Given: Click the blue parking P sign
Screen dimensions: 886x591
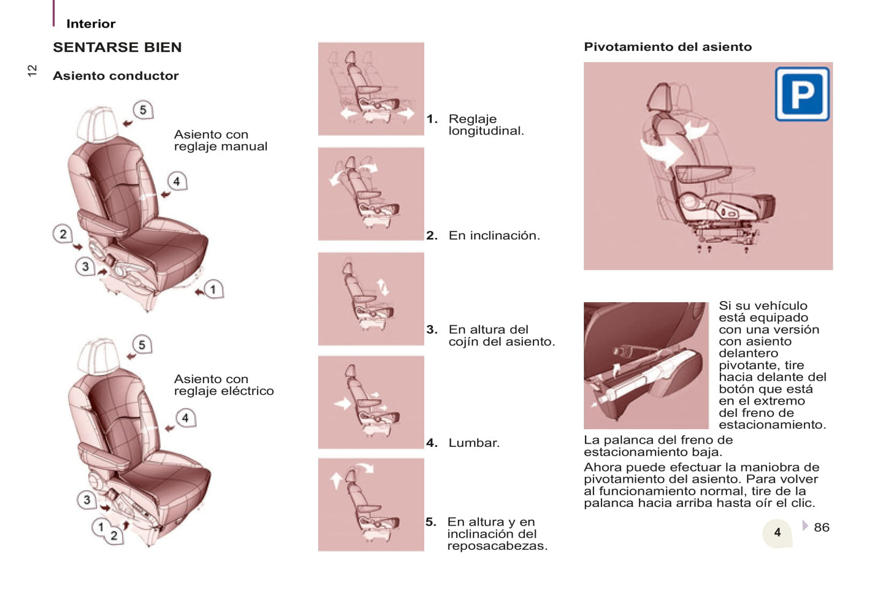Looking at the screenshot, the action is pyautogui.click(x=802, y=94).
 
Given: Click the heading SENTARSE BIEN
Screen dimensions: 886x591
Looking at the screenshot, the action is pyautogui.click(x=118, y=47).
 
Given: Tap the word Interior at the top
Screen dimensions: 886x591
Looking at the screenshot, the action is pyautogui.click(x=91, y=24).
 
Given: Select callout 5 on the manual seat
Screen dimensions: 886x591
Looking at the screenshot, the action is pyautogui.click(x=143, y=110).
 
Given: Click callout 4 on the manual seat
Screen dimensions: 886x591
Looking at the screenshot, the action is pyautogui.click(x=177, y=181).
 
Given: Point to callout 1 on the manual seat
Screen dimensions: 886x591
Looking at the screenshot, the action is pyautogui.click(x=213, y=289).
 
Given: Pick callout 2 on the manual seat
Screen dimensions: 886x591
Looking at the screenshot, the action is pyautogui.click(x=63, y=234).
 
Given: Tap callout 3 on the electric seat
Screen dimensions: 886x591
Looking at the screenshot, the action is pyautogui.click(x=86, y=500).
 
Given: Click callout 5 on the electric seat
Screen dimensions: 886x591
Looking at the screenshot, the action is pyautogui.click(x=142, y=345).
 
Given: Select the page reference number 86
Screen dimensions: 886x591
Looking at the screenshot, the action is pyautogui.click(x=822, y=527).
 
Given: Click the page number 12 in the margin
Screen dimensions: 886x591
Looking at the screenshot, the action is pyautogui.click(x=32, y=71).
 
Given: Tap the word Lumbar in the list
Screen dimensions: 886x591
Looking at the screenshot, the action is pyautogui.click(x=474, y=443).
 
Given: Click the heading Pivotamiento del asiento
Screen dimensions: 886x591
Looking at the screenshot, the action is pyautogui.click(x=668, y=47).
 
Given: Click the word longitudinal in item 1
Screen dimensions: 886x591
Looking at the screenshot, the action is pyautogui.click(x=486, y=131).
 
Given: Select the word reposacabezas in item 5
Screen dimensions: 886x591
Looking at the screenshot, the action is pyautogui.click(x=497, y=546).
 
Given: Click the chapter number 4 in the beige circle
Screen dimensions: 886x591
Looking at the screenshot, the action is pyautogui.click(x=777, y=533).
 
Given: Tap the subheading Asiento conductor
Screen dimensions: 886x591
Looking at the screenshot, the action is pyautogui.click(x=116, y=76).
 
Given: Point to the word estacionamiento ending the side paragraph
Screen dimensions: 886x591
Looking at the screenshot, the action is pyautogui.click(x=773, y=425).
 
